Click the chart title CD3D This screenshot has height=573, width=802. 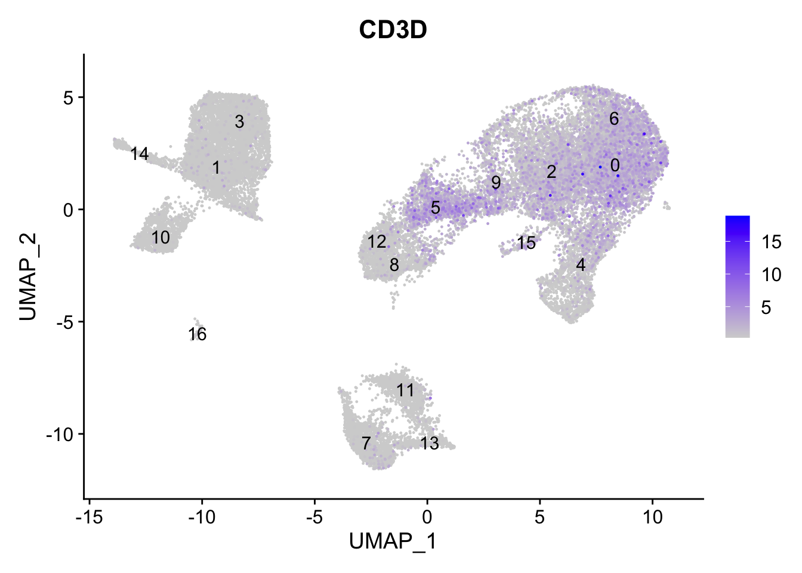click(x=393, y=29)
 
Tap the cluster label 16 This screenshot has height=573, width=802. click(x=198, y=334)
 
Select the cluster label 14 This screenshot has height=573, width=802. click(x=140, y=154)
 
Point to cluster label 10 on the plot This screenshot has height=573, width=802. click(x=161, y=238)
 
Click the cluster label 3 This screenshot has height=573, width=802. click(x=239, y=122)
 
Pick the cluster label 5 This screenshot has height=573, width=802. click(x=436, y=208)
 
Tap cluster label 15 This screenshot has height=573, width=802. click(x=526, y=243)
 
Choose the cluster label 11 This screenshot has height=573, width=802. click(x=405, y=390)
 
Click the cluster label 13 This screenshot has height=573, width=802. click(x=430, y=443)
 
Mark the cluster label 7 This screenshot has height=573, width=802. click(x=366, y=443)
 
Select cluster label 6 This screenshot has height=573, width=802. click(x=614, y=119)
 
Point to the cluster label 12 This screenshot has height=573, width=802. click(x=377, y=242)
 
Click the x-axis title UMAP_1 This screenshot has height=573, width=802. click(x=393, y=541)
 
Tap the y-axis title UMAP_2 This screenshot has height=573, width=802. click(x=28, y=276)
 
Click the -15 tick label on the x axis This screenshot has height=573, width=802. click(x=89, y=517)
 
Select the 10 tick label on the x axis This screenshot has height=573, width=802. click(x=653, y=517)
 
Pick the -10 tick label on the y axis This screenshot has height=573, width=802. click(x=59, y=434)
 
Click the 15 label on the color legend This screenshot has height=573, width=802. click(x=772, y=242)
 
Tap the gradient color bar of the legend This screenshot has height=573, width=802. click(x=738, y=276)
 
